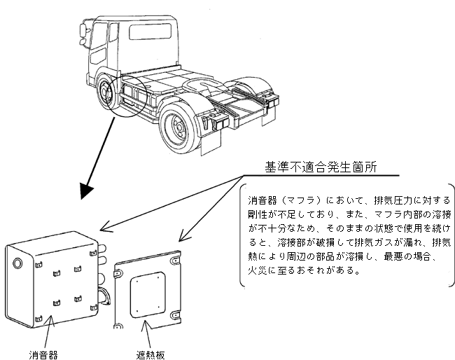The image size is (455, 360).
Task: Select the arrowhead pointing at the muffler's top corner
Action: coord(104,228)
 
